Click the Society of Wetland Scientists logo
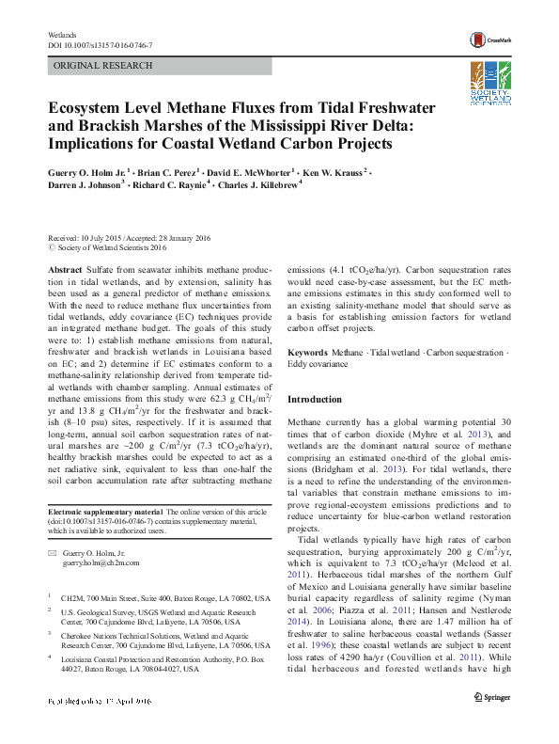[490, 82]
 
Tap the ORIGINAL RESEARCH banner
[103, 66]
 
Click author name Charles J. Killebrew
[258, 186]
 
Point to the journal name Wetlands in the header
[62, 34]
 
